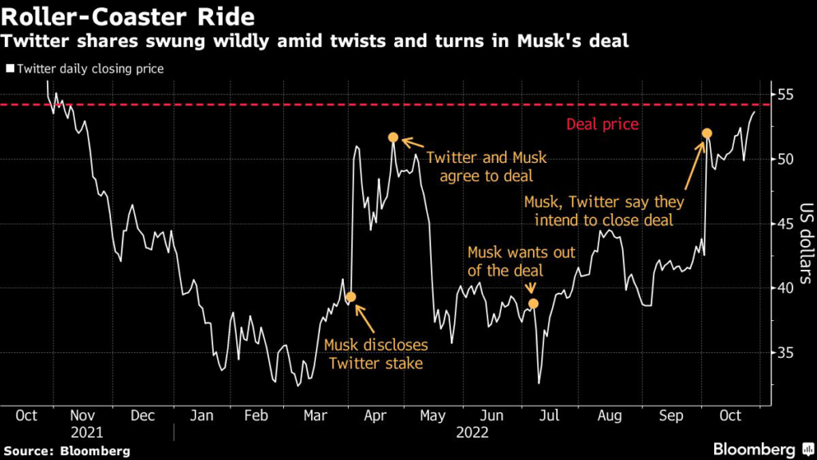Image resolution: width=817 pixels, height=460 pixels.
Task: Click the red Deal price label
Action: point(602,125)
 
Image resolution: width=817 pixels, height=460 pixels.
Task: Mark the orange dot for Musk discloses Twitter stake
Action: point(350,297)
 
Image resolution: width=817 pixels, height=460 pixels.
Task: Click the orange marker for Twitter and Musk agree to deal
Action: point(393,137)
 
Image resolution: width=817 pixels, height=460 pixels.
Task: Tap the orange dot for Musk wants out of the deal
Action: point(533,303)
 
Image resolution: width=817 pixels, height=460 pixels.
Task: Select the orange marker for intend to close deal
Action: point(707,133)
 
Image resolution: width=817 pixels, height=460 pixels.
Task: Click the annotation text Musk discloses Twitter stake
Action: point(376,355)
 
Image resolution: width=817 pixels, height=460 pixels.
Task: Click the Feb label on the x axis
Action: point(256,416)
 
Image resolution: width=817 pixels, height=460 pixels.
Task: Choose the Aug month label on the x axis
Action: point(610,416)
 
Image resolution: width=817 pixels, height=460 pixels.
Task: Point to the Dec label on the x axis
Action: point(142,416)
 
